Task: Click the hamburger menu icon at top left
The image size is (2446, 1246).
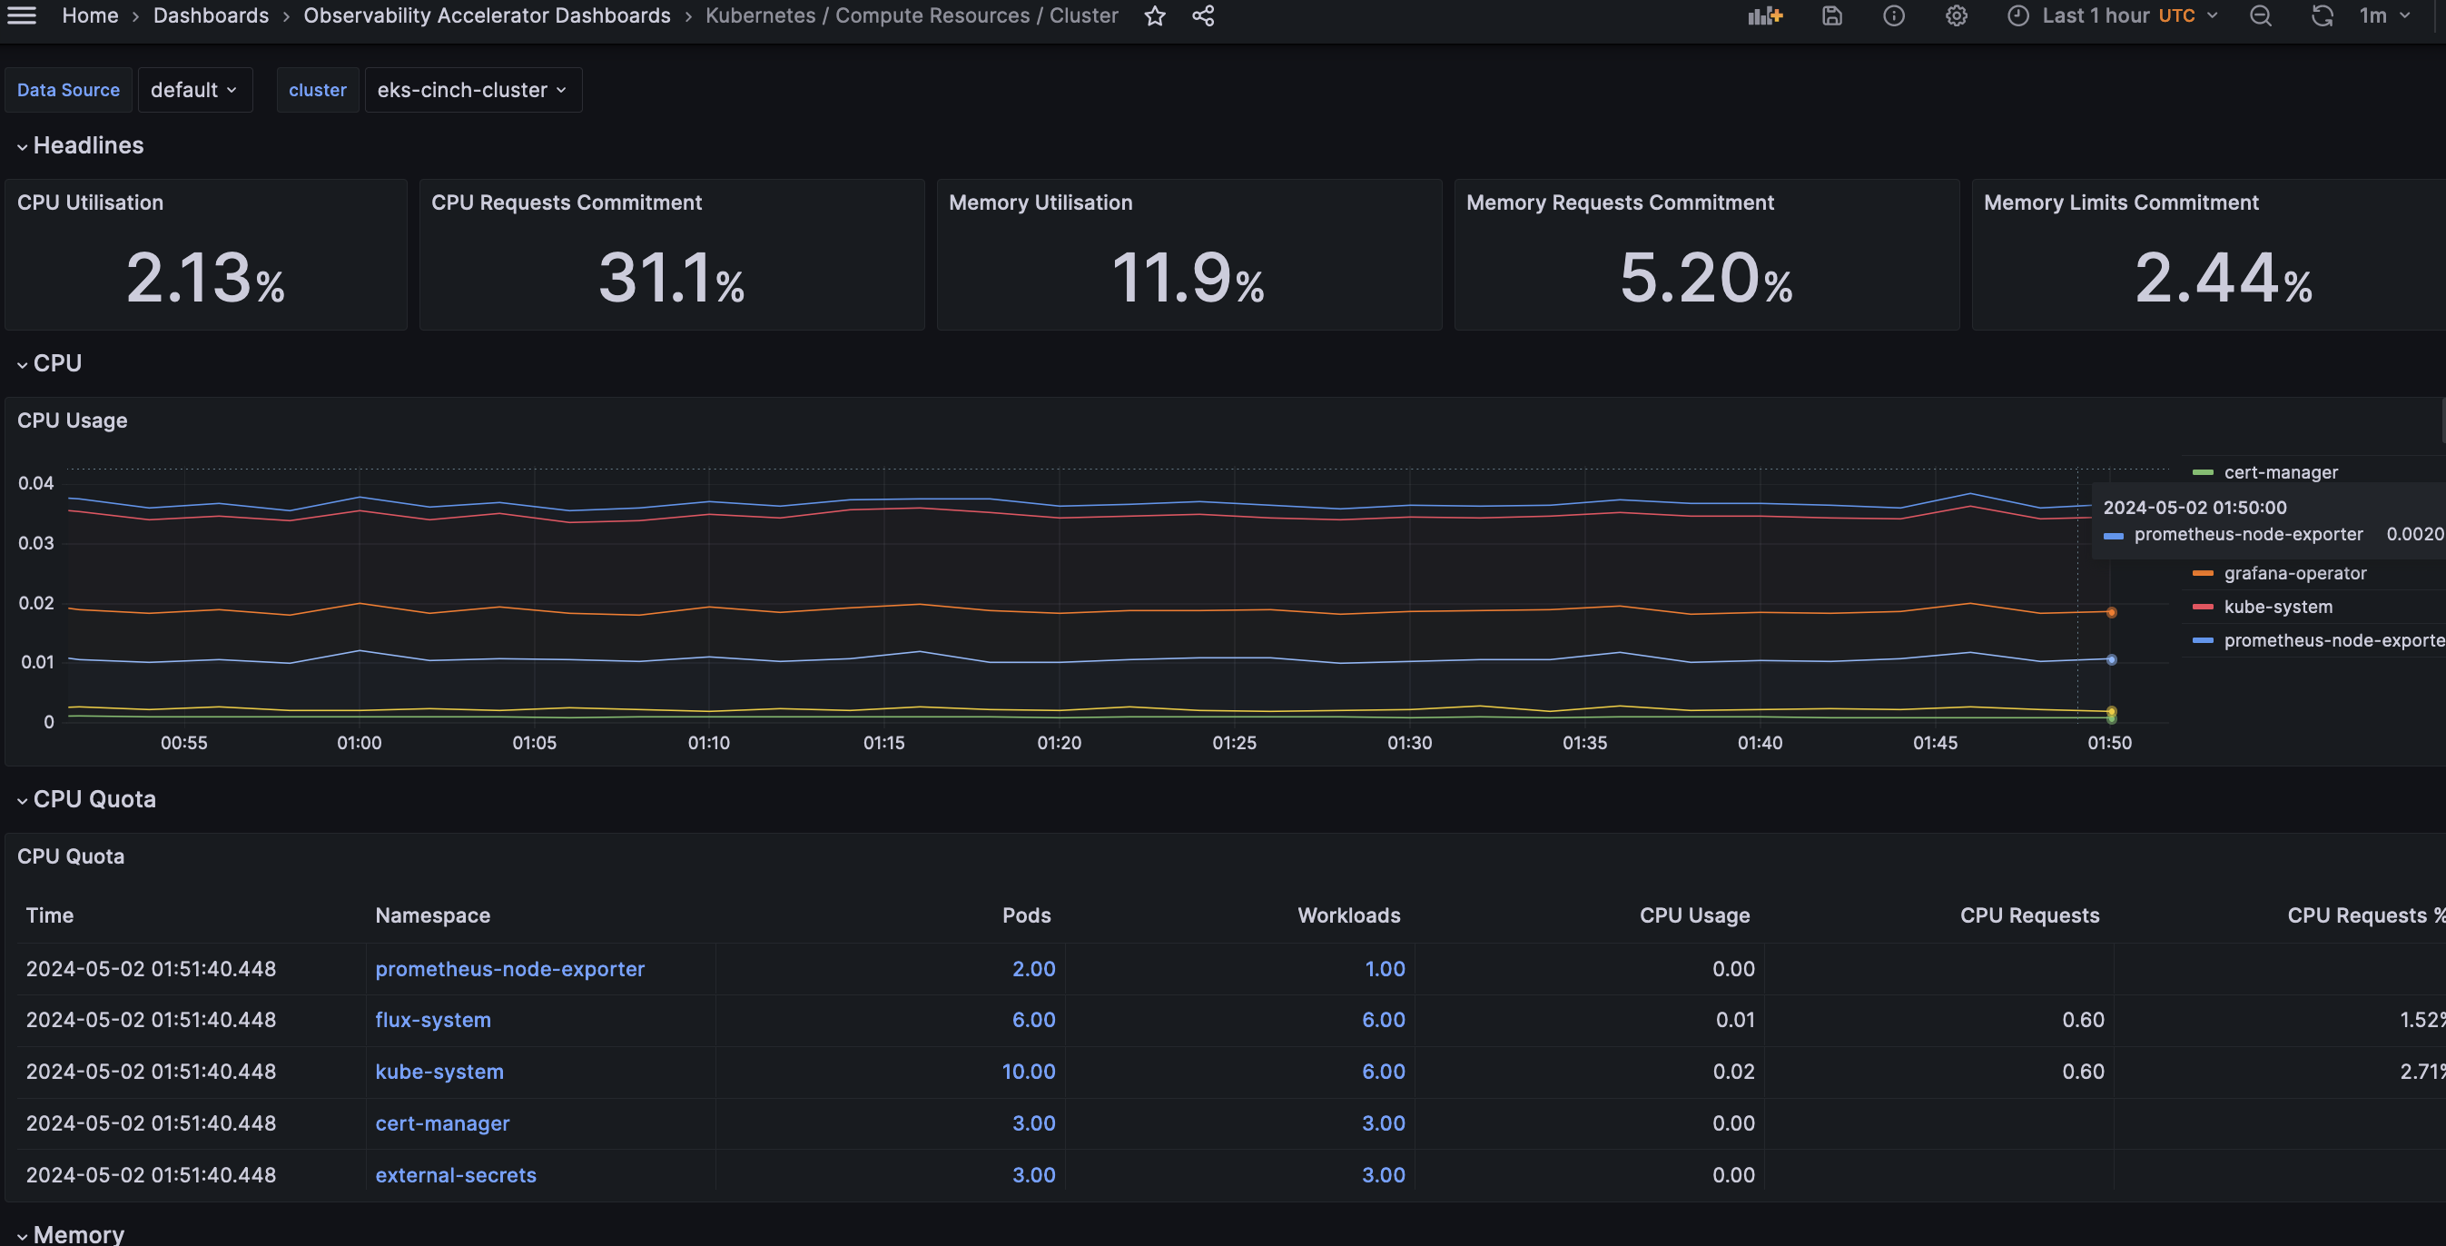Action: [21, 15]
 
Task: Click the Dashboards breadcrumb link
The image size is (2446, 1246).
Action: [211, 15]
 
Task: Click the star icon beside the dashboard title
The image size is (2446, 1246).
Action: [1155, 15]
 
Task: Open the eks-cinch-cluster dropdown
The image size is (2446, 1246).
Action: [472, 90]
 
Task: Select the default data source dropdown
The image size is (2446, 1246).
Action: [193, 90]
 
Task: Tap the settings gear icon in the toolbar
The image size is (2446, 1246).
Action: [1956, 15]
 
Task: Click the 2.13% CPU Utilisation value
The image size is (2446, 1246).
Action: [205, 278]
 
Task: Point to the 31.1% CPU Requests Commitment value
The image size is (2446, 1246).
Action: [671, 278]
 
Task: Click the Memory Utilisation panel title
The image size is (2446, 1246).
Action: [1040, 203]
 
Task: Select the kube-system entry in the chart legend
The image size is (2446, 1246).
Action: [2277, 607]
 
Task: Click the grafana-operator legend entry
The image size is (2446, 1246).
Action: [2294, 574]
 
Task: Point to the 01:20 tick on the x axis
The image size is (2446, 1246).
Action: [1059, 743]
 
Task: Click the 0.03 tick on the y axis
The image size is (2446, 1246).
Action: [36, 543]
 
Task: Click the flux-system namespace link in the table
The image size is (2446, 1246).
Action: [433, 1020]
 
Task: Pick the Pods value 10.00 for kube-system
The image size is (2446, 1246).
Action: [1029, 1072]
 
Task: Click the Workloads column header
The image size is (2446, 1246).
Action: [1348, 915]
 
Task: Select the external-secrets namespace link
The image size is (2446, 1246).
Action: [456, 1175]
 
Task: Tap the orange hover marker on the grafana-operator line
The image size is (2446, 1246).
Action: [2111, 612]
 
